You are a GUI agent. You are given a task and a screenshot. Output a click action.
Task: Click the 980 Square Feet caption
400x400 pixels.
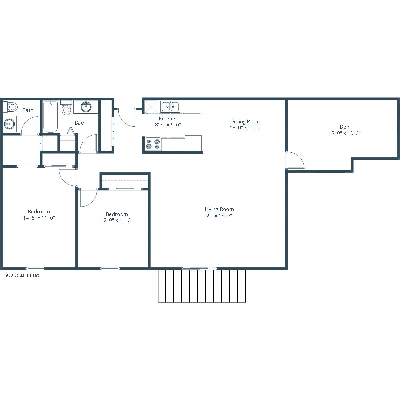(22, 275)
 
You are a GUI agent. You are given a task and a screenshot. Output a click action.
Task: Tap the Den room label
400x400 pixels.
(344, 127)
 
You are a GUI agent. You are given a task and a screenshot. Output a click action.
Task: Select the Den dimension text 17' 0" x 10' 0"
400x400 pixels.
(345, 133)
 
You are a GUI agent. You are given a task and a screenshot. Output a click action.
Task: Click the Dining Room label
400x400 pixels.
(246, 121)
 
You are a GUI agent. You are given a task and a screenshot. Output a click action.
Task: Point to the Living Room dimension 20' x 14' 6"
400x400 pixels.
(219, 215)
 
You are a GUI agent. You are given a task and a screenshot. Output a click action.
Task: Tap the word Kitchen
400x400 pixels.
(168, 118)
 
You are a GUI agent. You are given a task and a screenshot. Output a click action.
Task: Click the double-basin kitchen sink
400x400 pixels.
(170, 107)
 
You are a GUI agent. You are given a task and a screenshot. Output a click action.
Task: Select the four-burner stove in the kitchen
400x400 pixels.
(153, 145)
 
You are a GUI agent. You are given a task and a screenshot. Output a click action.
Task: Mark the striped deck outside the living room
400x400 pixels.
(202, 286)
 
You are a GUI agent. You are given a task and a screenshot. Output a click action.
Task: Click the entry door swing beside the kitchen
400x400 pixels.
(126, 118)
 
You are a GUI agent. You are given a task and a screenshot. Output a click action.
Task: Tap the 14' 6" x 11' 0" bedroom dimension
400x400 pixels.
(39, 218)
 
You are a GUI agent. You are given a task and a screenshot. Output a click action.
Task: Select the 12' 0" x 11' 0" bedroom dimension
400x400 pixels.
(117, 220)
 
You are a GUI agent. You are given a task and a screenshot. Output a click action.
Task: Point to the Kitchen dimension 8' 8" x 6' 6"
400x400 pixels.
(168, 124)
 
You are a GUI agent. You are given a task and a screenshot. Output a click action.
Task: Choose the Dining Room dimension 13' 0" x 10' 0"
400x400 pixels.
(246, 127)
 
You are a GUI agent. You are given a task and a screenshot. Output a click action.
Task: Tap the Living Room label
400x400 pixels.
(219, 209)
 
